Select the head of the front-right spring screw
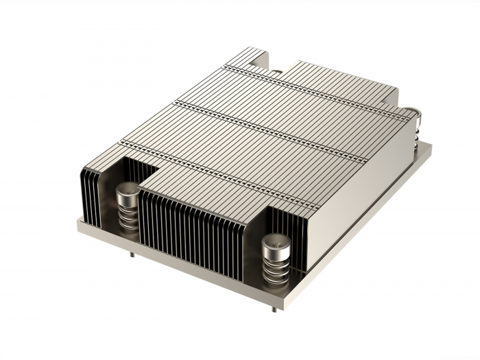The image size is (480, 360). pyautogui.click(x=276, y=242)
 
